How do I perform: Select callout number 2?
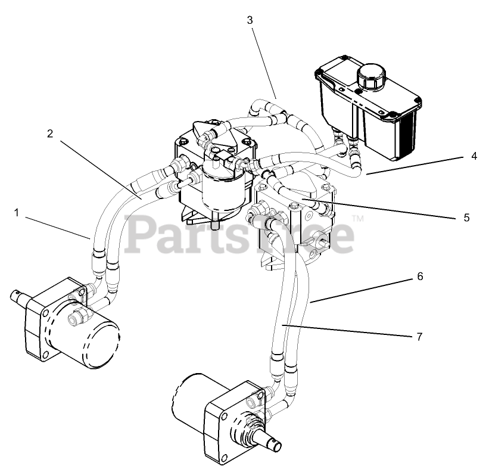click(51, 133)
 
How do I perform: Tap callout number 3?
click(250, 20)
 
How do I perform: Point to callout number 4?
click(474, 157)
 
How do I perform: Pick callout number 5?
click(466, 218)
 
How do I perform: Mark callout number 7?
click(419, 337)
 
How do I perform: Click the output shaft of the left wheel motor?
click(20, 294)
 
